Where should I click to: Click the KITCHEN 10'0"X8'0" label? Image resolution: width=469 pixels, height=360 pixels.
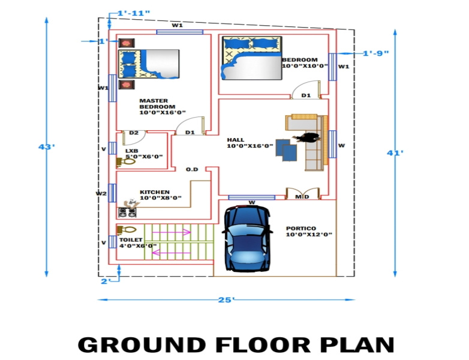click(x=161, y=195)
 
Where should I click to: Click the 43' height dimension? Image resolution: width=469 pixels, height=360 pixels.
click(x=47, y=147)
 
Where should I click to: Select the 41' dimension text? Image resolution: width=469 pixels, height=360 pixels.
click(x=395, y=153)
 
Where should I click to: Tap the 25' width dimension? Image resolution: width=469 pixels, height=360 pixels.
click(x=226, y=299)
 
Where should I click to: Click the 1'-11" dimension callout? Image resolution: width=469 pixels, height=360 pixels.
click(x=133, y=13)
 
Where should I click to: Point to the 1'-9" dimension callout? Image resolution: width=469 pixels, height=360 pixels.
click(x=376, y=53)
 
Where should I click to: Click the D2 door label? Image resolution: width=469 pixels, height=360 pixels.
click(x=134, y=133)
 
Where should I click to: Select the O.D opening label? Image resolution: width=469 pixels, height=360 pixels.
click(x=192, y=169)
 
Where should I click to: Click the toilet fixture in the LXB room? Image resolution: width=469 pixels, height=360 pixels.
click(x=126, y=161)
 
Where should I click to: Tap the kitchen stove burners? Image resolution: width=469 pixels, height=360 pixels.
click(x=128, y=212)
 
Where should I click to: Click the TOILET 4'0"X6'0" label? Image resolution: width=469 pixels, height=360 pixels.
click(x=138, y=242)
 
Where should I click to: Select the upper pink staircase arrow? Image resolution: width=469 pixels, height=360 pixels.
click(x=172, y=232)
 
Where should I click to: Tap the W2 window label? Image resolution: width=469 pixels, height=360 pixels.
click(x=101, y=193)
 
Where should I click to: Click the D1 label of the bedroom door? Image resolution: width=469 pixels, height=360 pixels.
click(x=306, y=95)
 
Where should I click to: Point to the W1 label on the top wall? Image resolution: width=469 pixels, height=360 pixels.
click(x=177, y=25)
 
